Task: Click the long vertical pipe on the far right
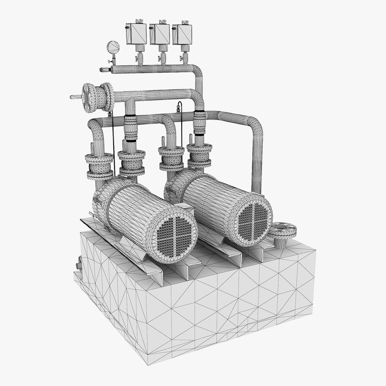(257, 164)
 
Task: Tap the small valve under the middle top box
(163, 57)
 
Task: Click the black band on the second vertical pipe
(130, 141)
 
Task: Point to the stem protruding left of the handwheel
(75, 96)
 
